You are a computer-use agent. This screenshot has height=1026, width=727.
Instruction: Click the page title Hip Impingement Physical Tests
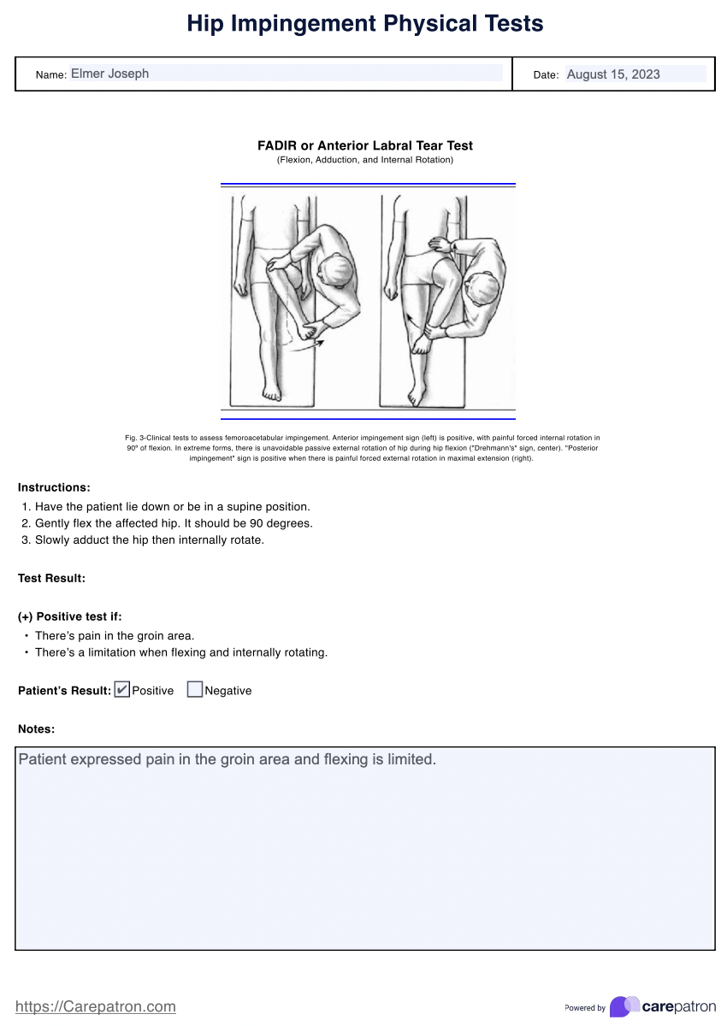click(364, 24)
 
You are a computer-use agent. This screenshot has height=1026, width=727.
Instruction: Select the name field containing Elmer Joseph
click(286, 74)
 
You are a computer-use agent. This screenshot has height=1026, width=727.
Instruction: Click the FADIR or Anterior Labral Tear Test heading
click(365, 145)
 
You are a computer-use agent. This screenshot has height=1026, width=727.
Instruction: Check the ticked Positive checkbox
click(121, 689)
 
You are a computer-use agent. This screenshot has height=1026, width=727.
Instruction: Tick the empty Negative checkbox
click(195, 689)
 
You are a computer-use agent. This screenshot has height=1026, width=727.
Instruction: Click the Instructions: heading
click(54, 487)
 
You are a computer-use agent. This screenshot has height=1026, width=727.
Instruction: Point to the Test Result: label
click(51, 578)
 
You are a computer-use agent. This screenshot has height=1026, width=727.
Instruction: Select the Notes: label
click(37, 729)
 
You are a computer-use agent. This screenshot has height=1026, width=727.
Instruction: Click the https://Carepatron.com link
click(96, 1006)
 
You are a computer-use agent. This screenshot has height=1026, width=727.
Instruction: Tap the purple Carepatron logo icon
click(624, 1006)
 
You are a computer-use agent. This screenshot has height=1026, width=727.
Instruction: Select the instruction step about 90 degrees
click(174, 523)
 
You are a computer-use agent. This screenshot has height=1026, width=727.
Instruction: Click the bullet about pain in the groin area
click(115, 635)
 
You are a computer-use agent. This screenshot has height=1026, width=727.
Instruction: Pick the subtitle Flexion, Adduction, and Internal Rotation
click(365, 160)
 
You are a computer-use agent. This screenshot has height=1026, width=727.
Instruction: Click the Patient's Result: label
click(64, 690)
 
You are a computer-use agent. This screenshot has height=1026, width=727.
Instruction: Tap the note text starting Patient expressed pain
click(228, 759)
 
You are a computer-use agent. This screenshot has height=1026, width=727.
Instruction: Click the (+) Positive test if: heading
click(75, 616)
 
